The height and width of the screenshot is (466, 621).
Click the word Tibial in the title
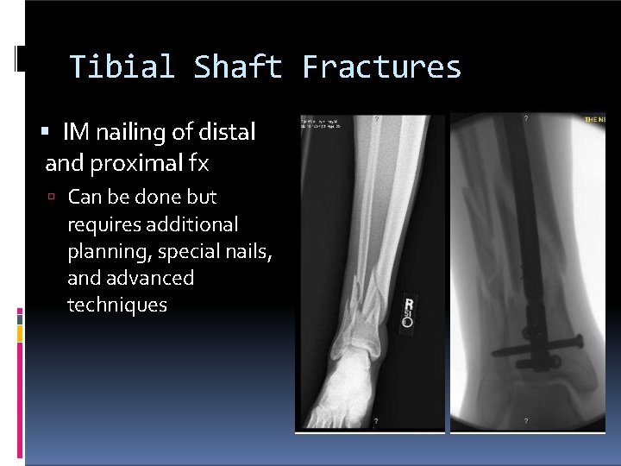tap(121, 67)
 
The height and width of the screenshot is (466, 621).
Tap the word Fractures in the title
tap(381, 67)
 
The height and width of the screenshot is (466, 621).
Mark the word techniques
tap(117, 305)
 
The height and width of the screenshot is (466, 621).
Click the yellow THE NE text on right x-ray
tap(595, 119)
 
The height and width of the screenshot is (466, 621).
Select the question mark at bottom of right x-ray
tap(526, 422)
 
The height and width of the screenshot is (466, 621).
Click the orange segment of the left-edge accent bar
tap(19, 332)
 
